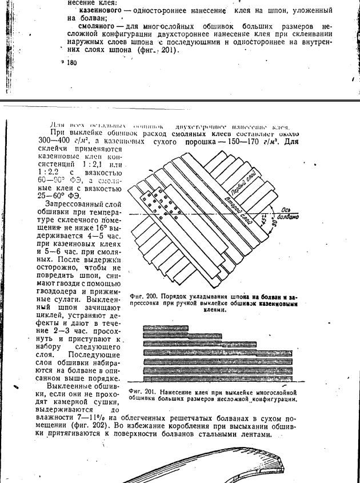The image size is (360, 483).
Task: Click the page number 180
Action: click(x=71, y=63)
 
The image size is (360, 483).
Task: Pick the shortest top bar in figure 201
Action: click(x=166, y=328)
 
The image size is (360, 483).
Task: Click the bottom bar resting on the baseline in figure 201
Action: click(x=217, y=378)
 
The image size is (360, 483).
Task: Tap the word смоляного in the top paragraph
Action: click(x=92, y=26)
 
